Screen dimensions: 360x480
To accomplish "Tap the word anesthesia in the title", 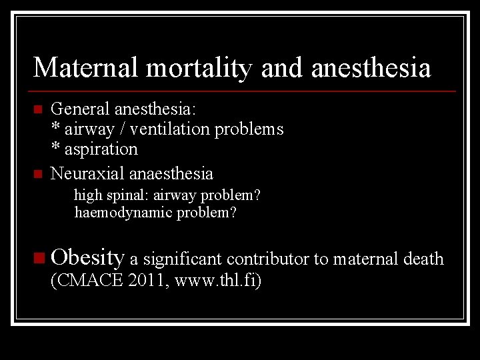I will click(x=370, y=68).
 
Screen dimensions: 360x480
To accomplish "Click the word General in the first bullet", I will click(x=81, y=109).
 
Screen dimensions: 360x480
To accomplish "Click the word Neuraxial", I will click(x=88, y=174).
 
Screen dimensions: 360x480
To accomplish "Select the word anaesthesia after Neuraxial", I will click(x=171, y=174).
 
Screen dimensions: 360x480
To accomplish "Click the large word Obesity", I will click(x=87, y=257).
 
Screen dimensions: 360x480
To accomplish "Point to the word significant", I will click(x=184, y=259).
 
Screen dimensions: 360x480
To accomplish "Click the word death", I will click(x=424, y=259).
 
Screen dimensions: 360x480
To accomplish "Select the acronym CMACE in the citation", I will click(x=87, y=281).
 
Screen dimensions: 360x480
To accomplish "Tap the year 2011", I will click(x=149, y=281).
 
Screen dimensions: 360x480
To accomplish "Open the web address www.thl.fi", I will click(x=217, y=281).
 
